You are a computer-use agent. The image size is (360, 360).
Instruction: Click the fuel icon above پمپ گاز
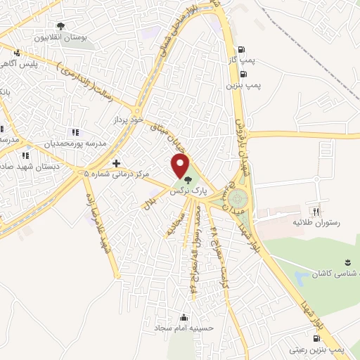(243, 50)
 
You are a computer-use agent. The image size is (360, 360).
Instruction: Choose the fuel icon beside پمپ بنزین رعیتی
(307, 336)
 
